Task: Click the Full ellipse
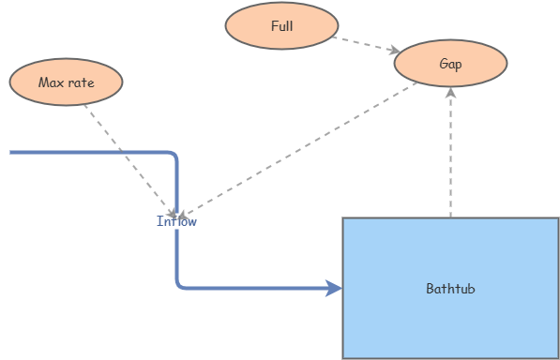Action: (x=281, y=26)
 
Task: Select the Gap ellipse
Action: (x=450, y=64)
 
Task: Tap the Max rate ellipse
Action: (x=66, y=82)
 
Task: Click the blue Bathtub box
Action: (x=450, y=319)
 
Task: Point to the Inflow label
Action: (x=176, y=222)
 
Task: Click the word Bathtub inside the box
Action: (x=450, y=289)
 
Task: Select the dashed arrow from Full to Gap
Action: (x=366, y=44)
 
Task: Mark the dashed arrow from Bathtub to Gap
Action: (x=451, y=155)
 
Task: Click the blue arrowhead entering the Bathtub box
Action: (x=334, y=288)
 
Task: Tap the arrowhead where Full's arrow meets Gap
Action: (x=395, y=51)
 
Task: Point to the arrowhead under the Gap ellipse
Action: (x=451, y=93)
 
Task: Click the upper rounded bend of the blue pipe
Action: (x=173, y=155)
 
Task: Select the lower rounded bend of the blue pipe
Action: (x=179, y=284)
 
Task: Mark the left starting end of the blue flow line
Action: (x=12, y=151)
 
